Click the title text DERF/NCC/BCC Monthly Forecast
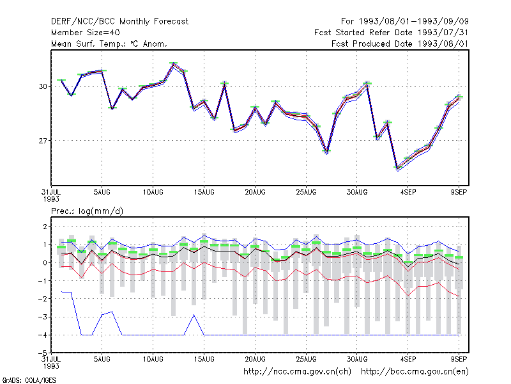119,22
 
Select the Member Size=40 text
86,33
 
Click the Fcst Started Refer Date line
392,33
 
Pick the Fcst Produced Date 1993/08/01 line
400,44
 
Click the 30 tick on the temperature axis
43,86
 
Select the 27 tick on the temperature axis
43,141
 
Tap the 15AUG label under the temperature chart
204,193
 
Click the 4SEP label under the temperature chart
408,193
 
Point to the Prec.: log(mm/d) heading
87,211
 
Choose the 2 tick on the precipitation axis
45,227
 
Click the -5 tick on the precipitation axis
43,353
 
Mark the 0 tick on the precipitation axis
45,263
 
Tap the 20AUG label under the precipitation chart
255,359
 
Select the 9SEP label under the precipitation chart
459,359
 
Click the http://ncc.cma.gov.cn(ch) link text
297,372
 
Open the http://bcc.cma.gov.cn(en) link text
415,372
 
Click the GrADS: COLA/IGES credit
29,380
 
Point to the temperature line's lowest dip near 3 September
397,169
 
